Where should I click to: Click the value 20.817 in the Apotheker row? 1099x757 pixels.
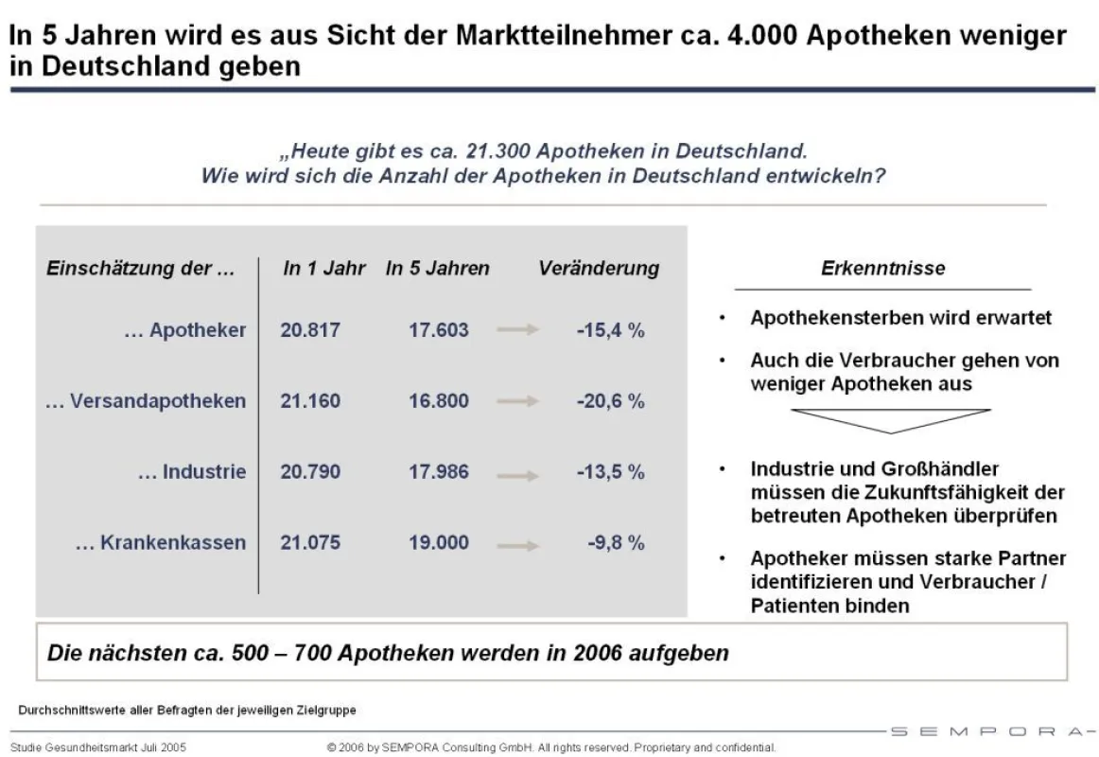click(x=310, y=329)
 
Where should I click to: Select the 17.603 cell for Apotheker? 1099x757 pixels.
click(x=439, y=329)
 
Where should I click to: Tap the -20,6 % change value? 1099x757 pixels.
click(x=610, y=401)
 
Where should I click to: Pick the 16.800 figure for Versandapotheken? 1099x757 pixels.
click(x=439, y=401)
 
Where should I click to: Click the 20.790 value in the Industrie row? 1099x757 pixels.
click(x=310, y=471)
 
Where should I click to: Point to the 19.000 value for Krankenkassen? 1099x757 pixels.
click(x=439, y=542)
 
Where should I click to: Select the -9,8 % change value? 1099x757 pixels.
click(x=616, y=542)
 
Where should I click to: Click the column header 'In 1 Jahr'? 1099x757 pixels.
click(x=324, y=268)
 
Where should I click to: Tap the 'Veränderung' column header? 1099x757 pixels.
click(x=599, y=268)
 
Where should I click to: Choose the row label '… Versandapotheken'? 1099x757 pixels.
click(x=146, y=401)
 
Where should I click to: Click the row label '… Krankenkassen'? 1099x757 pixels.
click(x=161, y=542)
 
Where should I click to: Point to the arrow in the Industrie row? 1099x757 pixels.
click(x=518, y=476)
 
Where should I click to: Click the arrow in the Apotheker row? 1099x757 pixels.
click(x=518, y=329)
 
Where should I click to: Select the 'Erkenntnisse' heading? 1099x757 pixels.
click(x=883, y=268)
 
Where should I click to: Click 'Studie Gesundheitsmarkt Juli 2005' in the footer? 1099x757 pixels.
click(x=98, y=748)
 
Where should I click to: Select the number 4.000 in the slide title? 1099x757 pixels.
click(x=762, y=35)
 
